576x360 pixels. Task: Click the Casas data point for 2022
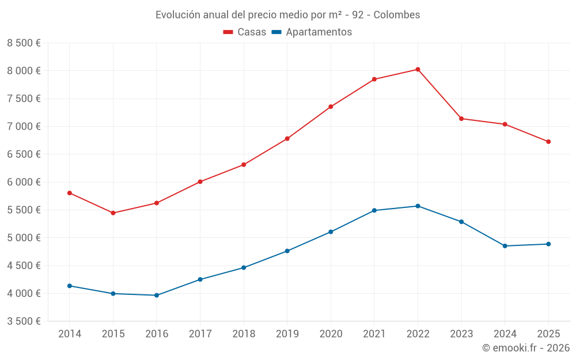coord(418,70)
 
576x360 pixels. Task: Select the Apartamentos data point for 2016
coord(156,295)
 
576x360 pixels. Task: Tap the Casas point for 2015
coord(113,213)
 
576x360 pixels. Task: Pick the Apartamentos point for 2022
coord(418,206)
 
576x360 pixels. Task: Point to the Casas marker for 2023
coord(461,119)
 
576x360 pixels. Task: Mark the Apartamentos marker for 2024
coord(505,246)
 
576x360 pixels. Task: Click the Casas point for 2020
coord(331,107)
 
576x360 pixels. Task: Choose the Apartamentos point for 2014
coord(69,286)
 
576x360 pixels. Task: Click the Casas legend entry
coord(245,32)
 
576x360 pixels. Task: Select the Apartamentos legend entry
coord(312,32)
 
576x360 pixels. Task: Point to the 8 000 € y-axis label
coord(24,71)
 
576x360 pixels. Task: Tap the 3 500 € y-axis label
coord(24,321)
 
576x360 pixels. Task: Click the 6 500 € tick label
coord(24,154)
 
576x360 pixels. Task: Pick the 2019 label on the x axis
coord(287,334)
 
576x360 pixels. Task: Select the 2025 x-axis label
coord(548,334)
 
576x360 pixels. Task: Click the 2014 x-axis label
coord(69,334)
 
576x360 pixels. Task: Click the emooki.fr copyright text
coord(525,348)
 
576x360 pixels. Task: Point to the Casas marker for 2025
coord(548,142)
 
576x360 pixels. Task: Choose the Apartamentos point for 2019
coord(287,251)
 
